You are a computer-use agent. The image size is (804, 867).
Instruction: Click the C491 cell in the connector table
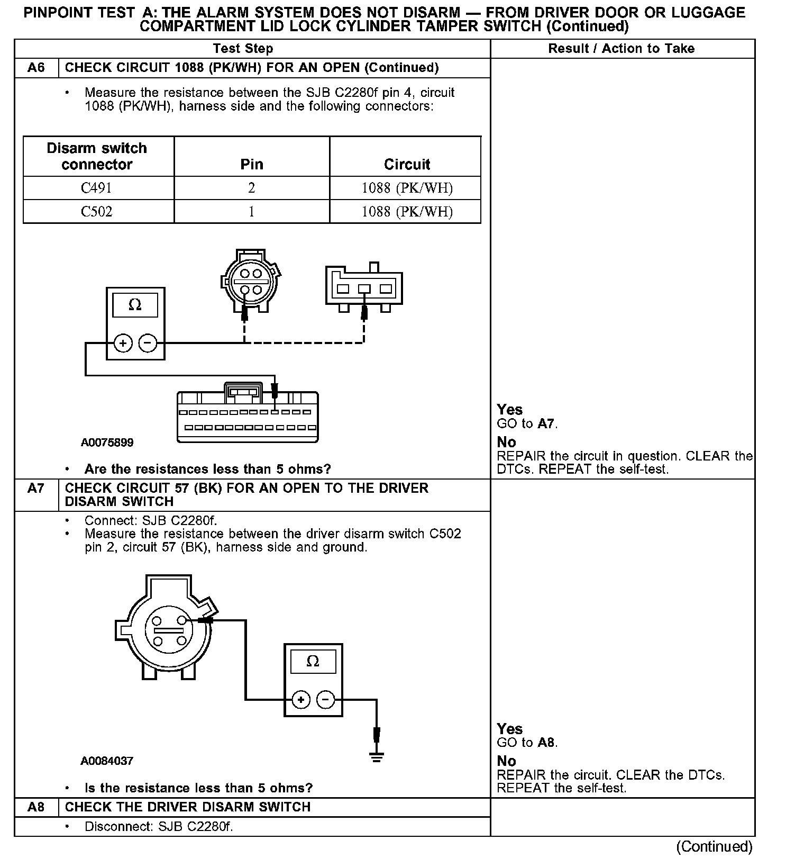point(96,188)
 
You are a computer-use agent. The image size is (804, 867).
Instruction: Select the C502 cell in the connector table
point(96,212)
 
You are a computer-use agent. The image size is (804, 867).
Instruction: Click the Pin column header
point(251,164)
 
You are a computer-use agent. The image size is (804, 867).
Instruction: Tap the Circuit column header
point(407,164)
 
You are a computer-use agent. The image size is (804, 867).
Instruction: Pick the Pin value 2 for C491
point(251,188)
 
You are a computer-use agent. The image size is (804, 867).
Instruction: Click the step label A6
point(36,68)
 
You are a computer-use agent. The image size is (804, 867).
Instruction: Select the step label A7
point(36,488)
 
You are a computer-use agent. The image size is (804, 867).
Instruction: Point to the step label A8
point(36,807)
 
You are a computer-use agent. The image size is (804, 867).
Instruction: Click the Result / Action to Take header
point(621,49)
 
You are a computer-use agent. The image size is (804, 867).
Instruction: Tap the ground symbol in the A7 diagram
point(376,756)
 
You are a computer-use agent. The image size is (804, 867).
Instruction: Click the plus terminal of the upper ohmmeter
point(123,344)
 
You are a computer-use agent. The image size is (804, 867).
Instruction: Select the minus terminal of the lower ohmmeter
point(325,700)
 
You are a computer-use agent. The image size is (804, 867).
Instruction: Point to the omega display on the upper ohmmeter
point(135,305)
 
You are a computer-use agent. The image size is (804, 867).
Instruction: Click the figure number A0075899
point(107,442)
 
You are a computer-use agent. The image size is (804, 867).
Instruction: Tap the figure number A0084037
point(107,761)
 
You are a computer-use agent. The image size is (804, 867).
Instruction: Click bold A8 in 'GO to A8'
point(546,743)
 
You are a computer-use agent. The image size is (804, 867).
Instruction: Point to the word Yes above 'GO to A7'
point(509,410)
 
